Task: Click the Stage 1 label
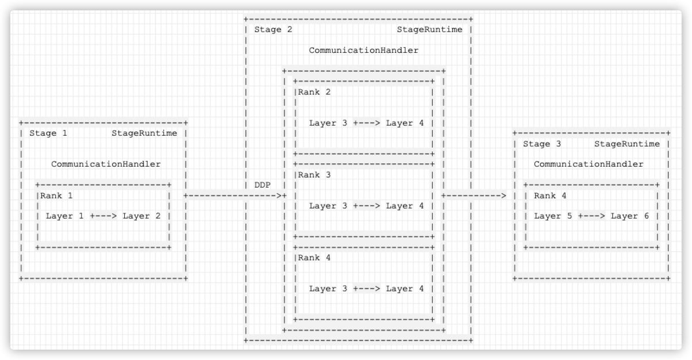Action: (48, 133)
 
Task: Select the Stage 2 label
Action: (273, 30)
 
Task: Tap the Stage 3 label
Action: (542, 144)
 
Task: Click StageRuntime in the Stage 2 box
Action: (429, 30)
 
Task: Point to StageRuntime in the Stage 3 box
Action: (627, 144)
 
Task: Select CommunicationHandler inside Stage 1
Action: (106, 164)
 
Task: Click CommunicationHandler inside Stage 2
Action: (364, 51)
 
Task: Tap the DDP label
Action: (262, 185)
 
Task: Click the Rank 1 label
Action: (56, 196)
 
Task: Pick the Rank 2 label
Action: (314, 92)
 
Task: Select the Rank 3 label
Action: (314, 175)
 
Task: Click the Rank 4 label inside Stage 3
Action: (550, 196)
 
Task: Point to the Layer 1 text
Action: (64, 216)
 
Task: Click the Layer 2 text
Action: (141, 216)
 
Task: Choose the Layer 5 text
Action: (553, 216)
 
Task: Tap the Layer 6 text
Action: (629, 216)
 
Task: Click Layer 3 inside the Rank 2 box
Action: (328, 123)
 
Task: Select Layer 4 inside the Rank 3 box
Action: (405, 206)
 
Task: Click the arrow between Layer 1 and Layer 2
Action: (103, 216)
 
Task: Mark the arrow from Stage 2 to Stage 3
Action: (474, 196)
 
